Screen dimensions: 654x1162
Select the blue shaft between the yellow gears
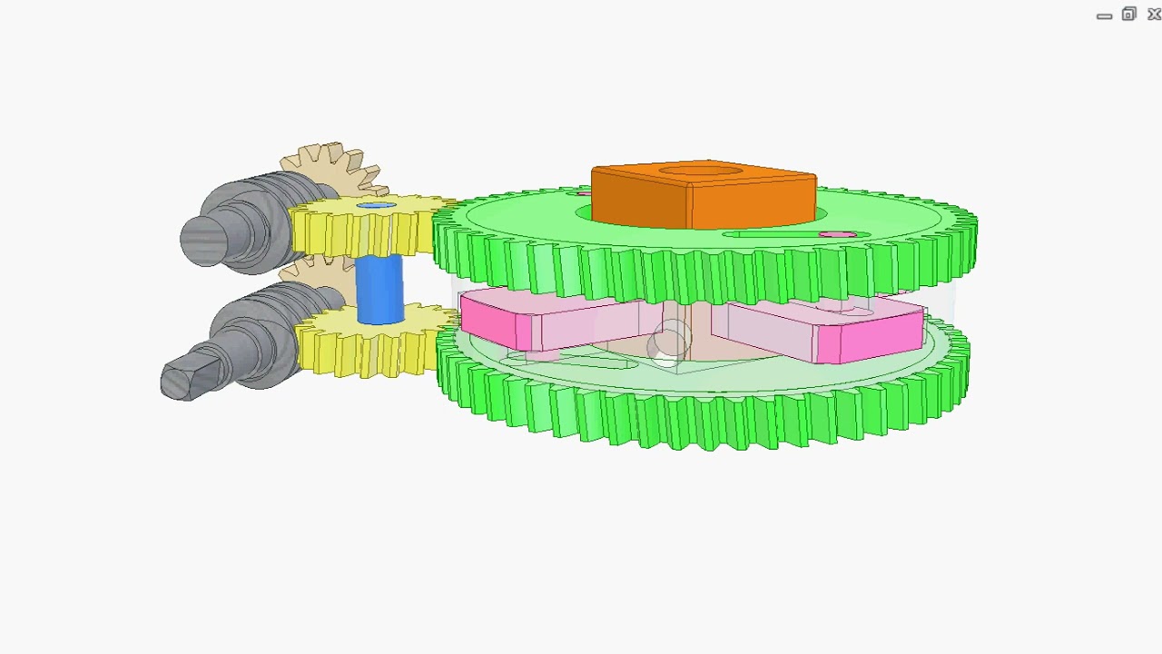click(379, 289)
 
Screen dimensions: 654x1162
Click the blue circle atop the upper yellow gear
click(376, 206)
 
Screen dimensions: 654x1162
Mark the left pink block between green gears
click(527, 322)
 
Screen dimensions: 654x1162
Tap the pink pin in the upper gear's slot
click(837, 235)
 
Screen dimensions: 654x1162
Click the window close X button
click(1154, 15)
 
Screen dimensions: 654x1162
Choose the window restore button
click(1128, 15)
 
